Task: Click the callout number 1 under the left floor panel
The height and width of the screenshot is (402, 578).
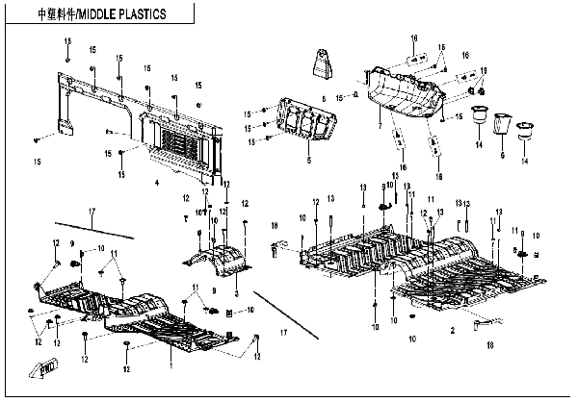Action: coord(171,365)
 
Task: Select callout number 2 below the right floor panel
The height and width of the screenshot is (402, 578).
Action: coord(451,330)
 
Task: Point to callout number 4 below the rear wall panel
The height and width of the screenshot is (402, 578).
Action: coord(156,182)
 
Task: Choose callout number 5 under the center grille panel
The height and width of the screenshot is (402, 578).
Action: coord(308,162)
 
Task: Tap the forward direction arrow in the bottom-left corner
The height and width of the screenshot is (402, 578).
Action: coord(47,368)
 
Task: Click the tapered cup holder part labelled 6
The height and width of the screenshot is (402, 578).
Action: coord(502,124)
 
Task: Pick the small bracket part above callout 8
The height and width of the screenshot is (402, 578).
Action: coord(321,67)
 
